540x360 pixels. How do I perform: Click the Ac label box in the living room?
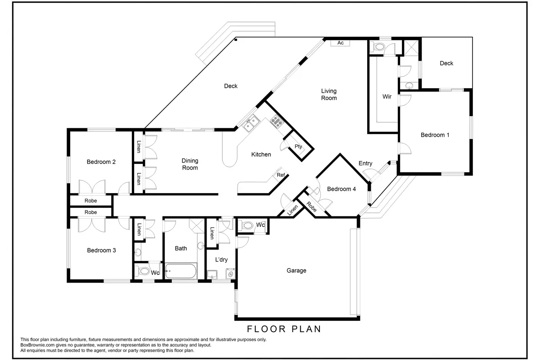pos(340,43)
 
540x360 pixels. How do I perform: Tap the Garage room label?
pos(296,270)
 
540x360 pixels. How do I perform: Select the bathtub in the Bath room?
pos(181,271)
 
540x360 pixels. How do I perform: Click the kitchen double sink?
pos(252,123)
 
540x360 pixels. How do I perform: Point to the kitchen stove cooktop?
pos(277,121)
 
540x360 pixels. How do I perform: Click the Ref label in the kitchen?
pos(281,175)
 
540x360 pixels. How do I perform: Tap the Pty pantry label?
pos(298,147)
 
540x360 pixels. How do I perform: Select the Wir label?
pos(387,97)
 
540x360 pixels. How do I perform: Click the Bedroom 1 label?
pos(435,135)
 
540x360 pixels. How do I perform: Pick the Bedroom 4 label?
pos(342,189)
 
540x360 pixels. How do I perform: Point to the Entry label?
pos(365,163)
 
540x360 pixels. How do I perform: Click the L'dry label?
pos(221,260)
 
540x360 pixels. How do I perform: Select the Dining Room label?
pos(190,164)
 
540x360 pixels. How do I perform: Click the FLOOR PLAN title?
pos(284,329)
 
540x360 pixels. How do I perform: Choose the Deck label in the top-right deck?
pos(446,63)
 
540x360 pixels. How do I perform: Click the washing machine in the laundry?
pos(230,274)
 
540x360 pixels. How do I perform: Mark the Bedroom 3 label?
pos(102,250)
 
